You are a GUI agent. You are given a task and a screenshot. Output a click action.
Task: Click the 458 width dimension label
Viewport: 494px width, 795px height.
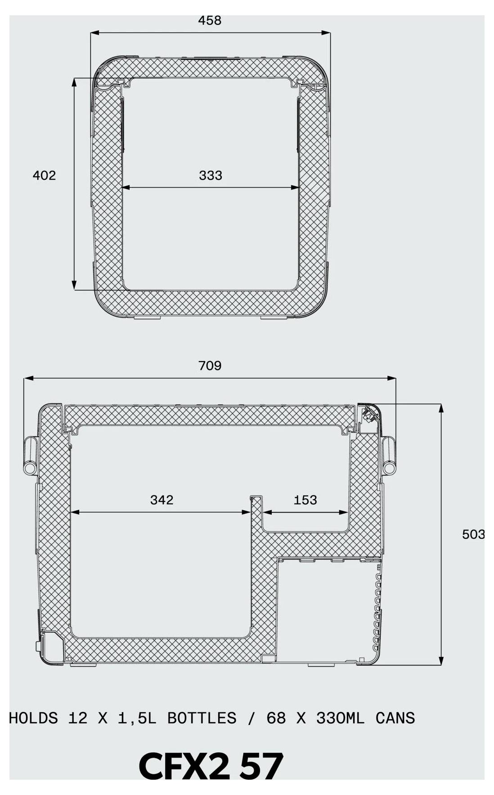tap(210, 21)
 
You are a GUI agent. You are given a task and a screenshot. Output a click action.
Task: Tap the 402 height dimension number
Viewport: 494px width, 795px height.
tap(44, 175)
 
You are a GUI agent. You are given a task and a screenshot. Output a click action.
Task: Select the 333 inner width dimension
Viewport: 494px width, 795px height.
tap(211, 175)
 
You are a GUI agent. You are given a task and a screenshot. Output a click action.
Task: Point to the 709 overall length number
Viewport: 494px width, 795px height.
tap(210, 366)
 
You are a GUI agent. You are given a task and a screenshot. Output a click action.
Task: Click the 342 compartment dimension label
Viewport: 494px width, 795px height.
tap(162, 500)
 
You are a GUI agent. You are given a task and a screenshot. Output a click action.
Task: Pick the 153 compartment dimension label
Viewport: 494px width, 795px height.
tap(305, 500)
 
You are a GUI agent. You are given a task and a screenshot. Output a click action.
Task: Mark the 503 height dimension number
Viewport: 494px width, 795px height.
tap(473, 534)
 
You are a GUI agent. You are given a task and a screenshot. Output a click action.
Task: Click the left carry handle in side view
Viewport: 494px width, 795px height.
tap(30, 455)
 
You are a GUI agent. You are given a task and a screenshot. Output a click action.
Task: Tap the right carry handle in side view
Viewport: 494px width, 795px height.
tap(389, 455)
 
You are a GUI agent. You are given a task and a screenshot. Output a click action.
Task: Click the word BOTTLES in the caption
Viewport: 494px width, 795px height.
tap(202, 718)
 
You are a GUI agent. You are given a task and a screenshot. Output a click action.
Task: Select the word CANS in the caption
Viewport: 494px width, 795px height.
tap(395, 718)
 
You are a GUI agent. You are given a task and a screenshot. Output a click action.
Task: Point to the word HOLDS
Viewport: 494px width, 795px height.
tap(33, 718)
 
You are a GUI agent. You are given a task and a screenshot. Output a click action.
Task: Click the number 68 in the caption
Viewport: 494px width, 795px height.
tap(276, 718)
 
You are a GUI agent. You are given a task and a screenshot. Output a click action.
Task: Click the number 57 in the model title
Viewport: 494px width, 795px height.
tap(261, 766)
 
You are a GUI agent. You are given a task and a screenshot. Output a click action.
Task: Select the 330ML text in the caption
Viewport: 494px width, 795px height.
tap(340, 718)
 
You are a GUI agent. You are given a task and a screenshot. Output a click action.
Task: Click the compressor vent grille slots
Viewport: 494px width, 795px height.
tap(376, 612)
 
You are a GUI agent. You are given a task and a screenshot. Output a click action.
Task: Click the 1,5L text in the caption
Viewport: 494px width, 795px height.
tap(137, 718)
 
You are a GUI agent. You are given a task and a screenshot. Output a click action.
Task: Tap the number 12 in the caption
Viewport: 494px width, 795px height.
tap(77, 718)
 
